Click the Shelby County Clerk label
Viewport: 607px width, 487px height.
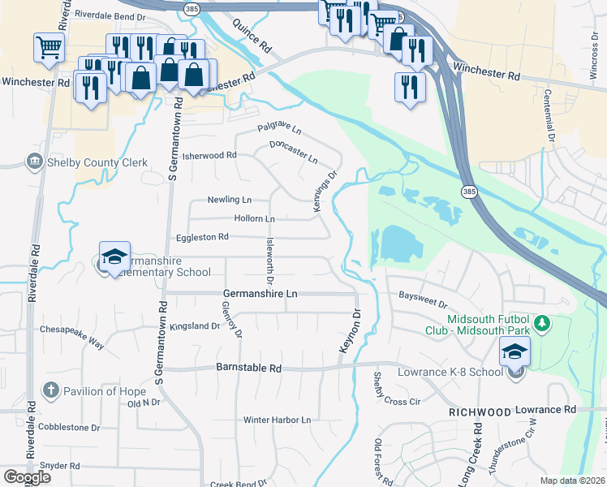97,162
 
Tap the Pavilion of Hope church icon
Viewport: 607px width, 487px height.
50,390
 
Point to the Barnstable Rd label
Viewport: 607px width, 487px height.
248,368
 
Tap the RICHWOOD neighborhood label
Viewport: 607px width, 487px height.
480,412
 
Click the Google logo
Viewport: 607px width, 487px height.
27,477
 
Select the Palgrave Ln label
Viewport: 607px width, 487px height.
279,128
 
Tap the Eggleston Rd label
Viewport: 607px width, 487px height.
203,237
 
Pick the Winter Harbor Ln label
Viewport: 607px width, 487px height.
278,420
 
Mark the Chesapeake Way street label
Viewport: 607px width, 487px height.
73,337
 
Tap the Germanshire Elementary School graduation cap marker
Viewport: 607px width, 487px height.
114,256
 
